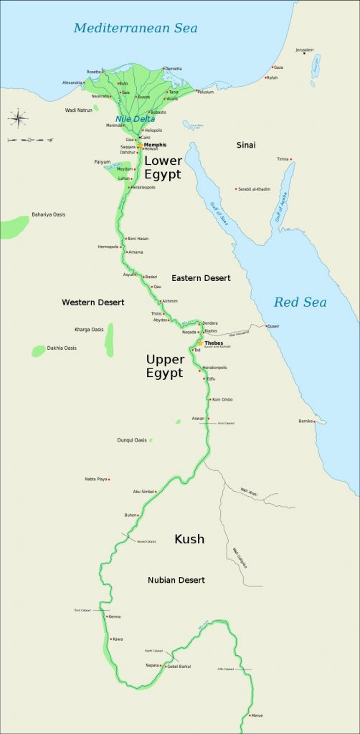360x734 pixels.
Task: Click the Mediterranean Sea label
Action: [135, 29]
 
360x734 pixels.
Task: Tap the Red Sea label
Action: [300, 302]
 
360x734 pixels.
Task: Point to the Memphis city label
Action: [155, 145]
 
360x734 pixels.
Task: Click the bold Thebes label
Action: [214, 343]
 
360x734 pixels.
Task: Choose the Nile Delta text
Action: [135, 119]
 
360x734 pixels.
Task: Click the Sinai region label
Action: [246, 145]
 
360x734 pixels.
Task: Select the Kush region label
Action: [189, 539]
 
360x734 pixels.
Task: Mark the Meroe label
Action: [256, 715]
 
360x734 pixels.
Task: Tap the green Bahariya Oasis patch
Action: [14, 227]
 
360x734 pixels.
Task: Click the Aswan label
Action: [198, 418]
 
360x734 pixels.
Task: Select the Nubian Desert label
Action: [176, 579]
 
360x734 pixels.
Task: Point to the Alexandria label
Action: [72, 82]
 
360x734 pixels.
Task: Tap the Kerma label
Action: [114, 616]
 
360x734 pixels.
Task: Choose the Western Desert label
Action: [93, 302]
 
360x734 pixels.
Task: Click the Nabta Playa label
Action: [96, 479]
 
